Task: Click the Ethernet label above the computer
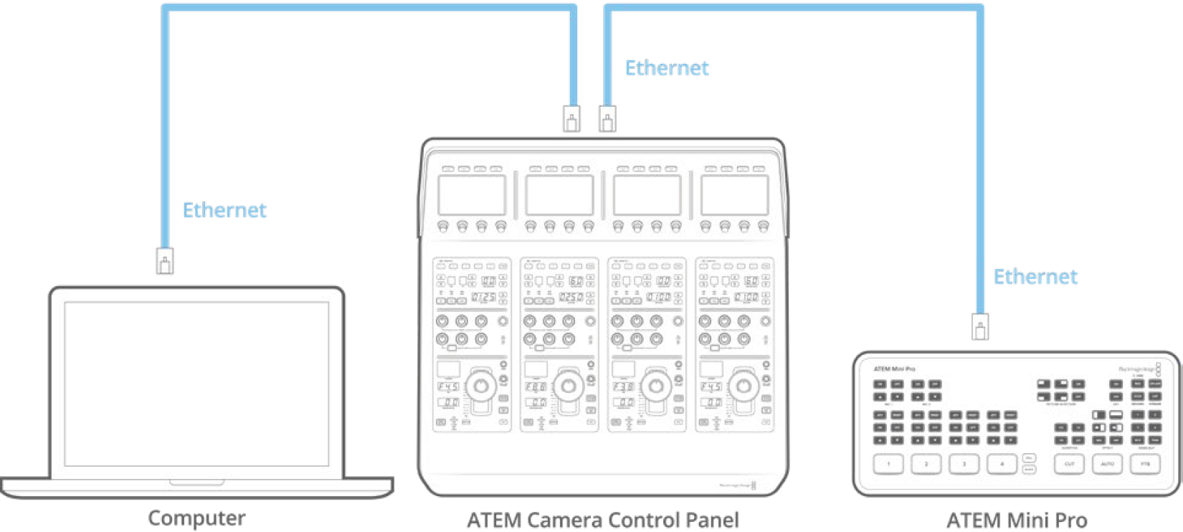point(224,210)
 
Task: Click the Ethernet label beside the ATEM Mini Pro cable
point(1035,277)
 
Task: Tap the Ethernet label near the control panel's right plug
point(666,68)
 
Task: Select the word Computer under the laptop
point(196,518)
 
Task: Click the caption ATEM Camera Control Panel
point(602,520)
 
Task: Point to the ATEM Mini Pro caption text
point(1016,520)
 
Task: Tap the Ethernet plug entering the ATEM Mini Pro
point(980,327)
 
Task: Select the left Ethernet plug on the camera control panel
point(571,118)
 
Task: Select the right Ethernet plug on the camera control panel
point(607,118)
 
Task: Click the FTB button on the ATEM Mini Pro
point(1145,464)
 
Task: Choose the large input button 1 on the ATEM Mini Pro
point(888,464)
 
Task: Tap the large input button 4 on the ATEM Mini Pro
point(1002,464)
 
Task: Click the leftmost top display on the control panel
point(472,195)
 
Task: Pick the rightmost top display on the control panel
point(735,195)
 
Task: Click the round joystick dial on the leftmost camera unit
point(480,386)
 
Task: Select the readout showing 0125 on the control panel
point(483,297)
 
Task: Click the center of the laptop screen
point(196,384)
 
